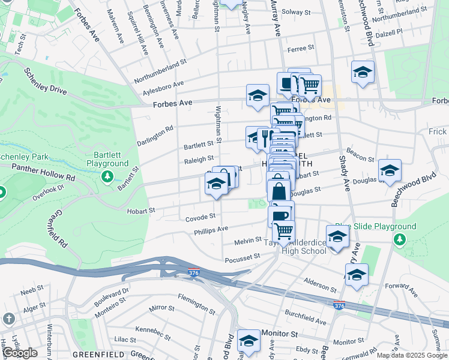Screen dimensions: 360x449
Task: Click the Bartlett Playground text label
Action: click(107, 158)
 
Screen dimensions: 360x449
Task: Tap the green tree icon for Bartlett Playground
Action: click(107, 176)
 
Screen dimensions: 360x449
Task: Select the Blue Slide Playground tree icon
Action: click(400, 239)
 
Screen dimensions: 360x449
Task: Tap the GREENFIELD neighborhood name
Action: click(94, 355)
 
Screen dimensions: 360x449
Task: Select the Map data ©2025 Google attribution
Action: click(411, 355)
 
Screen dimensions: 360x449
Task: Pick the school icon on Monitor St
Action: click(248, 341)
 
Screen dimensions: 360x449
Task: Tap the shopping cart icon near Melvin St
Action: click(283, 230)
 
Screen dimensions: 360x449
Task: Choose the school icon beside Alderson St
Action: click(357, 275)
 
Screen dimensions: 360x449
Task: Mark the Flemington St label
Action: click(196, 305)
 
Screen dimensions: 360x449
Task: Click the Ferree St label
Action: click(301, 47)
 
